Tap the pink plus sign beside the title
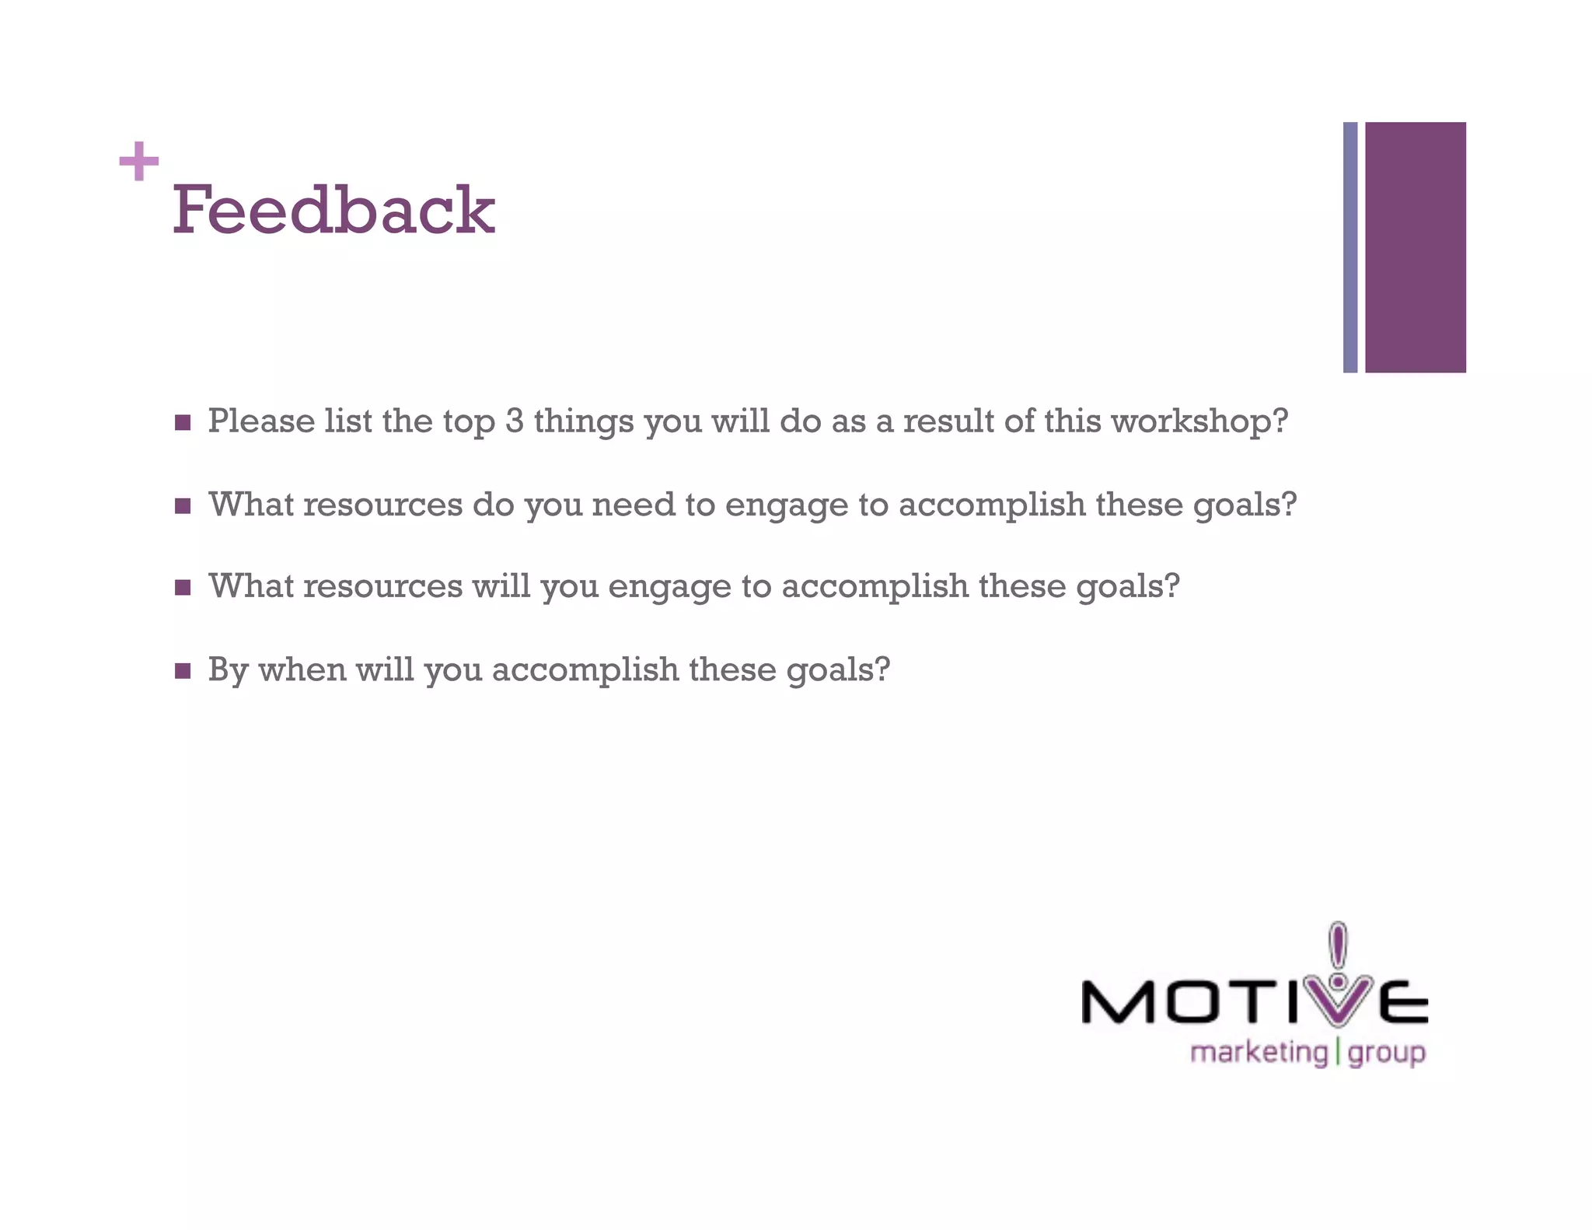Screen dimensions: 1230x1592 click(x=139, y=162)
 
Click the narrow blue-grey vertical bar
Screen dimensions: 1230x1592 click(x=1350, y=247)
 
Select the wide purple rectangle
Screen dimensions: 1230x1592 click(x=1416, y=247)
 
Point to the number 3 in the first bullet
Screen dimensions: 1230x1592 click(x=514, y=421)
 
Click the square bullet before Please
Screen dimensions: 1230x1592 click(x=183, y=423)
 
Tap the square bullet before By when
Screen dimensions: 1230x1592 click(x=183, y=670)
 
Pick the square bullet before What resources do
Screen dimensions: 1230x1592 click(x=183, y=506)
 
